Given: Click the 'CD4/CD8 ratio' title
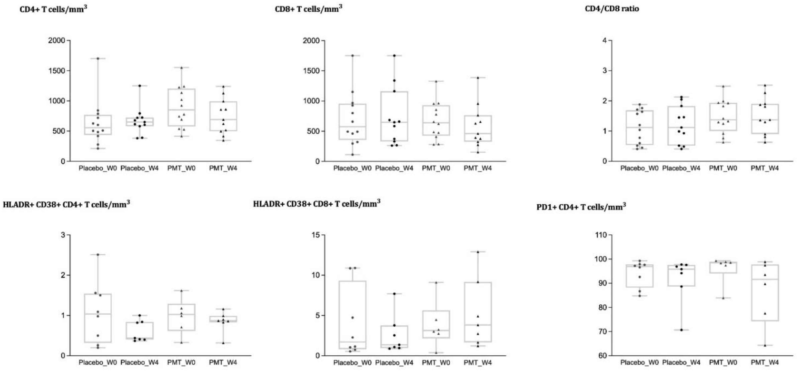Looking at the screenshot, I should tap(612, 9).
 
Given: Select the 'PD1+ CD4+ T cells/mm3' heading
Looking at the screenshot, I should tap(581, 207).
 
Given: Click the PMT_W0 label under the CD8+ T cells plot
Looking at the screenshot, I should tap(436, 168).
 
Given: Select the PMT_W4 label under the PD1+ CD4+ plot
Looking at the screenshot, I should tap(765, 362).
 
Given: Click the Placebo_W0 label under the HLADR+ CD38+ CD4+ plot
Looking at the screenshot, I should tap(98, 362).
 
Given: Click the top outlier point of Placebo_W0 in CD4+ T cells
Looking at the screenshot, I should tap(98, 58).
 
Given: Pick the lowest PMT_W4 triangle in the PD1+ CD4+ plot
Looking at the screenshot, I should tap(765, 345).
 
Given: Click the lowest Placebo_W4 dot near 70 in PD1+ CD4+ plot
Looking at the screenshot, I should tap(681, 330).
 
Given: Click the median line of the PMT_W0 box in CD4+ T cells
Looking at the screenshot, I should tap(181, 110).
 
